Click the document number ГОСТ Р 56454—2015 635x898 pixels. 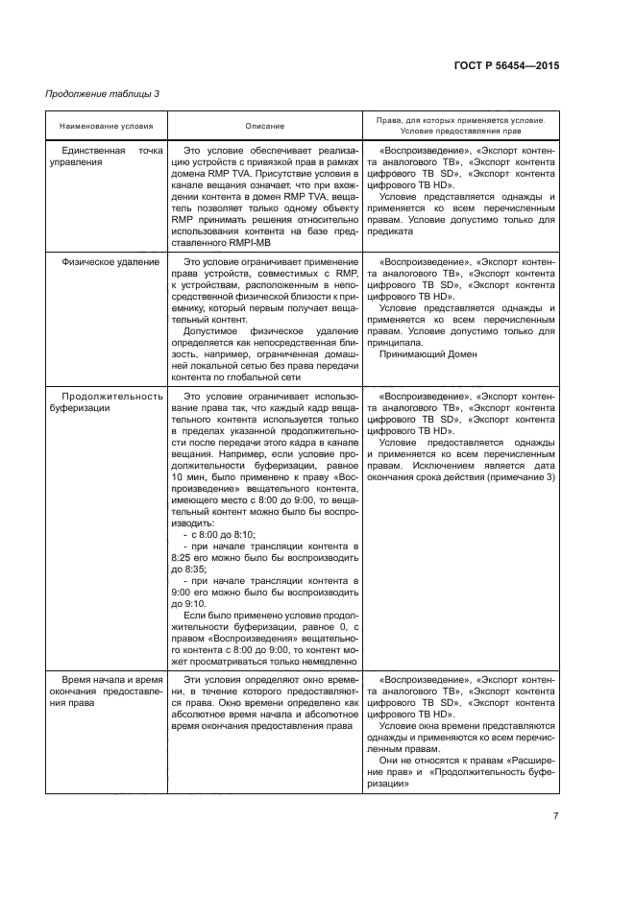click(505, 66)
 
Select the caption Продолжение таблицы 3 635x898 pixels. click(103, 94)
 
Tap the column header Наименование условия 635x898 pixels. click(106, 126)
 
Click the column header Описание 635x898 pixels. click(264, 126)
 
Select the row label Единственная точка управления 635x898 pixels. click(106, 157)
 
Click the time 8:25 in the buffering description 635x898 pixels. click(183, 557)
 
